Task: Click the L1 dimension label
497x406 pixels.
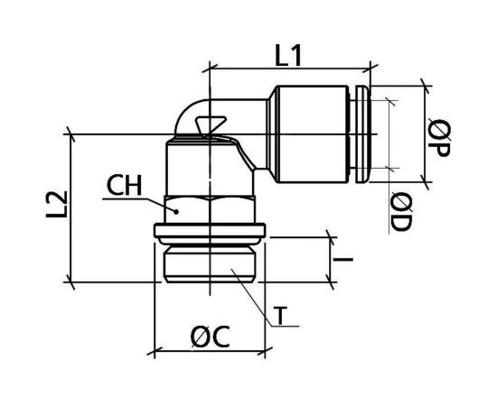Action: (x=288, y=56)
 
